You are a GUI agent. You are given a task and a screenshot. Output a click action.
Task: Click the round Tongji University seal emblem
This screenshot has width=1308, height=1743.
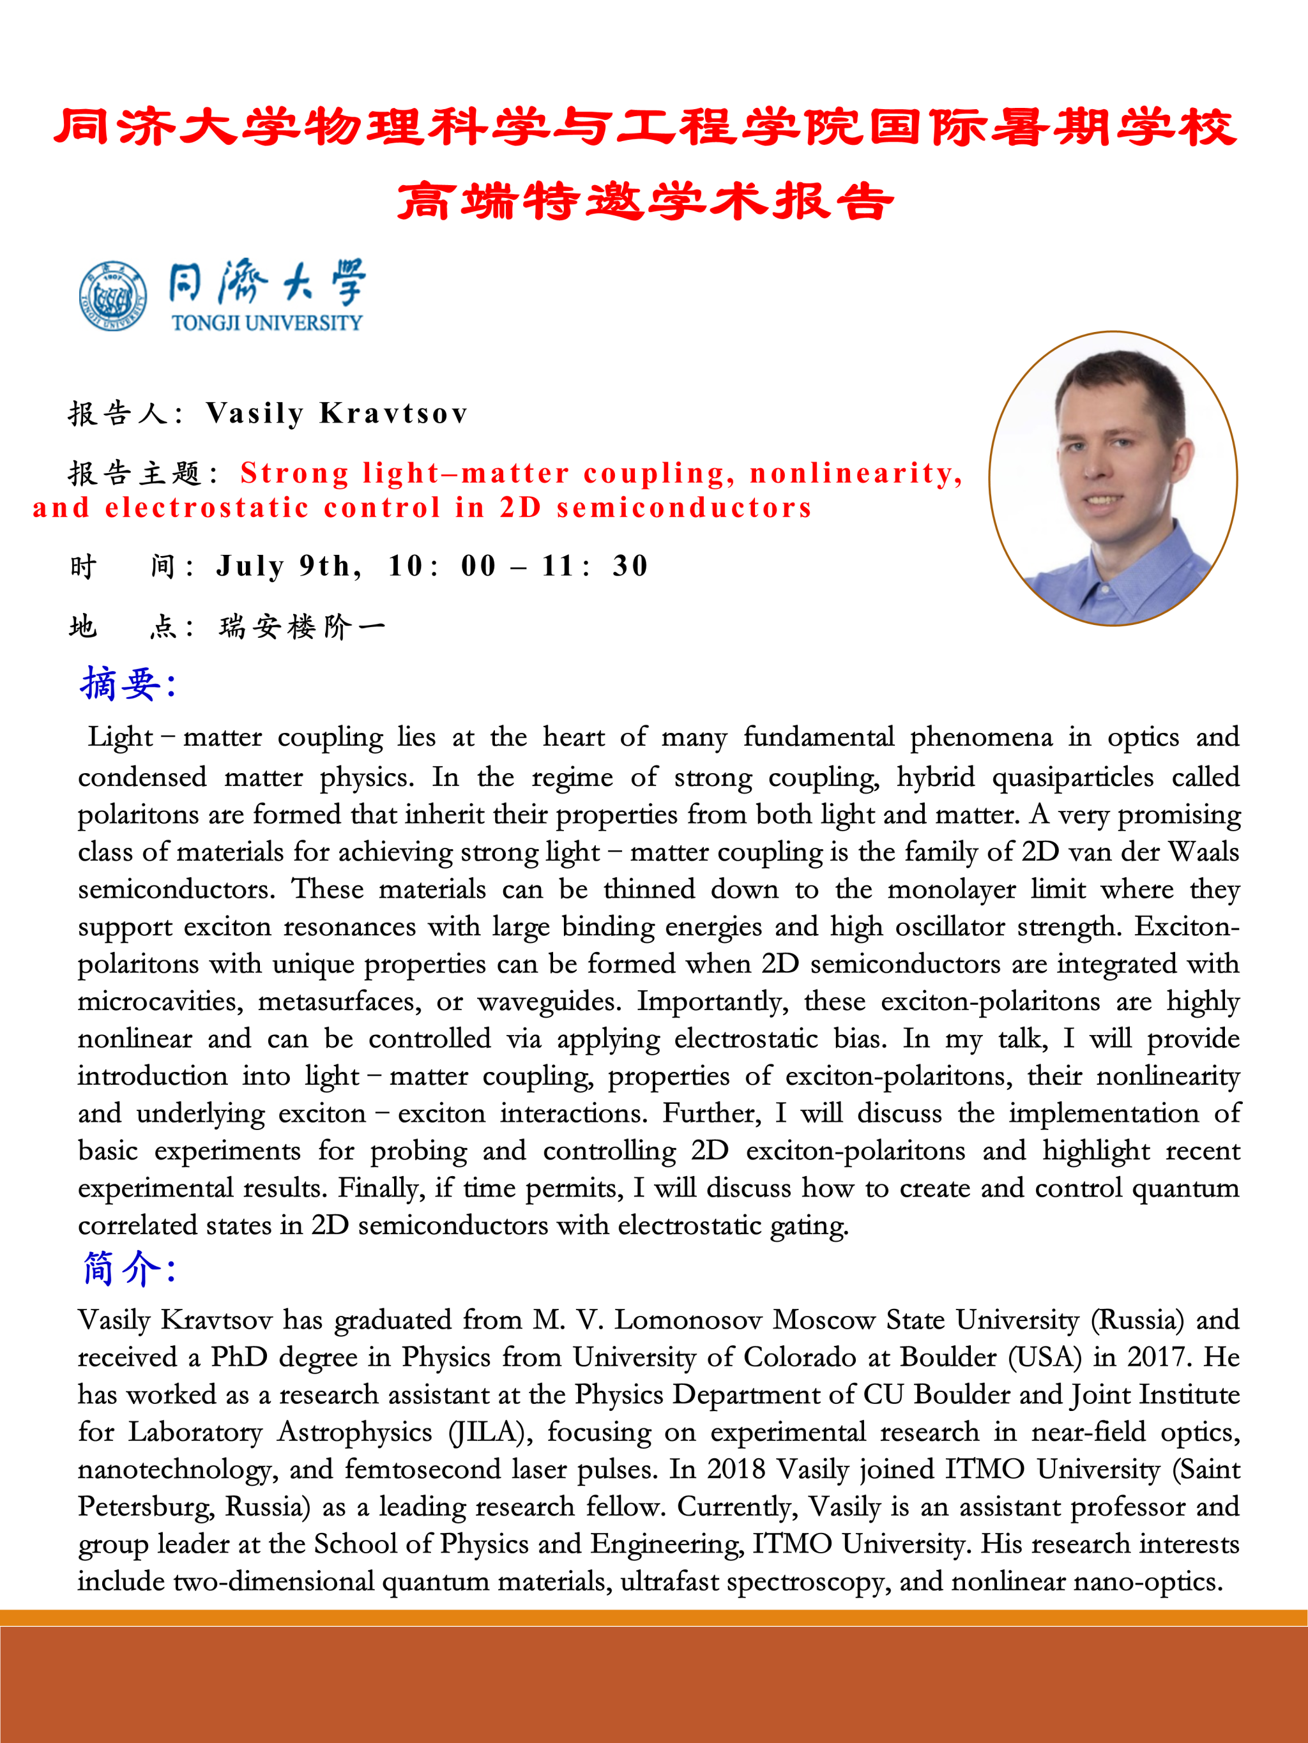(x=113, y=296)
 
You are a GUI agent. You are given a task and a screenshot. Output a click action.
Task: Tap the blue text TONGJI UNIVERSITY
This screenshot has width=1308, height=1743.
(x=266, y=323)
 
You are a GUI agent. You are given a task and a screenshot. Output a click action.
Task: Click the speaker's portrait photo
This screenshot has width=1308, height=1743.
(x=1113, y=478)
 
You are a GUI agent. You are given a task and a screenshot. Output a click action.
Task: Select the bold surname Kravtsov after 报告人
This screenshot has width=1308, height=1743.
(x=393, y=414)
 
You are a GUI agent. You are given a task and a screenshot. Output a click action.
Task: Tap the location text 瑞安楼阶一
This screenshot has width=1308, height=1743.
(x=302, y=627)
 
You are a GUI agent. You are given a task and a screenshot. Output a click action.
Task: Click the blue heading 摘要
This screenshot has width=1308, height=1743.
(x=126, y=684)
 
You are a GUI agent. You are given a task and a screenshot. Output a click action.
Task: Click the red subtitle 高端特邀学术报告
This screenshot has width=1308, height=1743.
(x=645, y=201)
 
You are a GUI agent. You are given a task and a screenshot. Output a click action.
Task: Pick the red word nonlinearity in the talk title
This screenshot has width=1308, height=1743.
(x=855, y=473)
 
